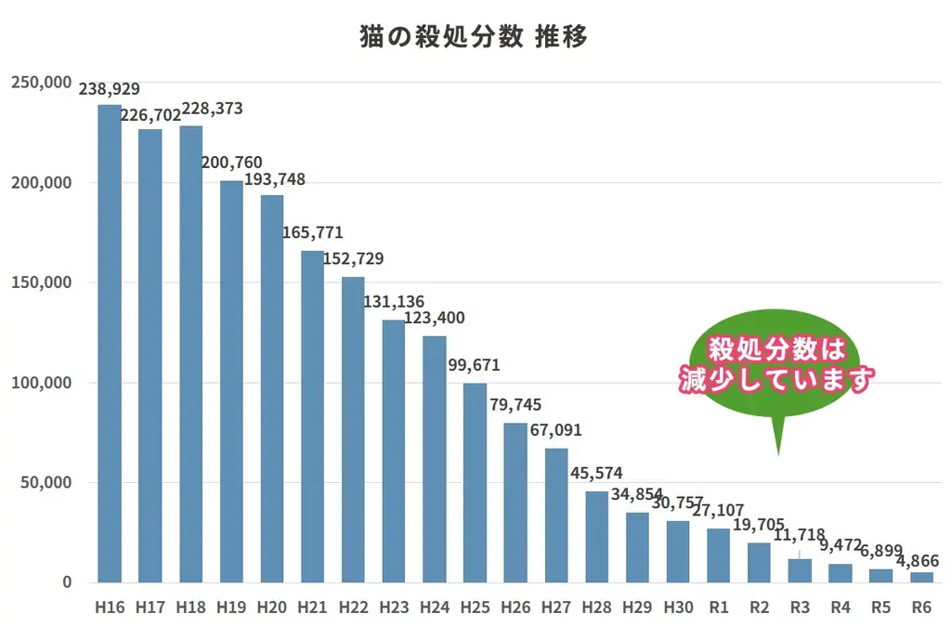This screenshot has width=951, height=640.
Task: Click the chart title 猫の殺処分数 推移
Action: [x=474, y=37]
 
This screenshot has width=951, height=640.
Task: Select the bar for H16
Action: [x=110, y=344]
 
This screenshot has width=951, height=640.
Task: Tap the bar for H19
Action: [x=231, y=382]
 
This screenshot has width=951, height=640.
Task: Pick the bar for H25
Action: [x=475, y=483]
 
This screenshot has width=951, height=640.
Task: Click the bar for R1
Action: [x=718, y=555]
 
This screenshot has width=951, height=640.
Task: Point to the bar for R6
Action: [x=921, y=578]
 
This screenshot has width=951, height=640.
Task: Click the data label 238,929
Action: [x=110, y=89]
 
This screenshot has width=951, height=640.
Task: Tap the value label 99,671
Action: [x=475, y=365]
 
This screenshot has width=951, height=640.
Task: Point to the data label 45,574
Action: [x=596, y=474]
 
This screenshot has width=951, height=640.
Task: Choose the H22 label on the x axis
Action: [x=353, y=607]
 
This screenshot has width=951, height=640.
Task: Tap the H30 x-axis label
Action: [x=678, y=607]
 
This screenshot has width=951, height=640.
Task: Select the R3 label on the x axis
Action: [x=800, y=607]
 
